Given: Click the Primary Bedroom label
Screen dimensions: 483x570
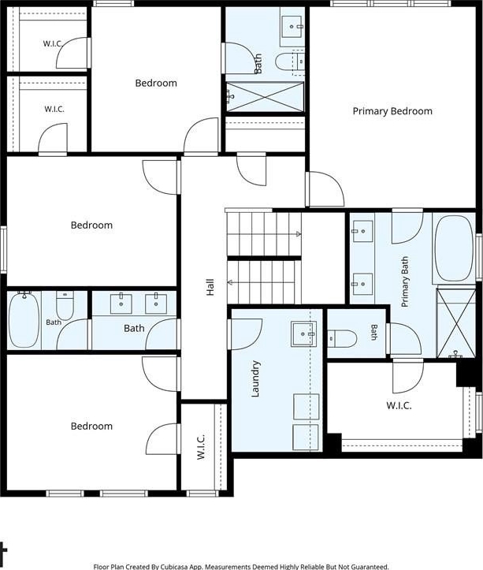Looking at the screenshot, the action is pos(392,111).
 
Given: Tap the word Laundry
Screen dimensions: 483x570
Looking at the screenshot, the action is pos(255,378).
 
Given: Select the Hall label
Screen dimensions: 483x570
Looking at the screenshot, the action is pos(210,287).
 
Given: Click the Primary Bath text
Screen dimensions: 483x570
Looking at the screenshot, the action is pos(404,281).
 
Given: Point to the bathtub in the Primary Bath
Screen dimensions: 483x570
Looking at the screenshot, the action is pos(454,248).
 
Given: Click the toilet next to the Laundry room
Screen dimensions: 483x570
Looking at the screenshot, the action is pos(342,339).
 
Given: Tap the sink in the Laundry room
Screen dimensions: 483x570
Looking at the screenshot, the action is pos(303,333).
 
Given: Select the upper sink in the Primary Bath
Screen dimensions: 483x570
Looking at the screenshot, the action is pos(362,231).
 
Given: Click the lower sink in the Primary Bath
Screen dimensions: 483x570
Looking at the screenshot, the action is pos(362,284).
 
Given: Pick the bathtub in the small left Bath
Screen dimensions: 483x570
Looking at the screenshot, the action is pos(24,320).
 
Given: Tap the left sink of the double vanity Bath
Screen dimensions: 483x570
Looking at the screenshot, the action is pos(121,304).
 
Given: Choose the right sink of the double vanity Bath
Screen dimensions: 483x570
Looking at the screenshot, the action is pos(156,304).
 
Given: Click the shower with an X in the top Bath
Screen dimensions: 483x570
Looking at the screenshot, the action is pos(265,97).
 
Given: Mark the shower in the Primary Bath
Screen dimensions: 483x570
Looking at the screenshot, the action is pos(455,322).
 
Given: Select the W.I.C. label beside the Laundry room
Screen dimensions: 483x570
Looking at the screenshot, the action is pos(201,446).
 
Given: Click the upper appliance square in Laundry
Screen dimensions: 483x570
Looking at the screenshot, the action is pos(306,407).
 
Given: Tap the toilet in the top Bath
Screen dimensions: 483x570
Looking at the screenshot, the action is pos(290,62).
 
